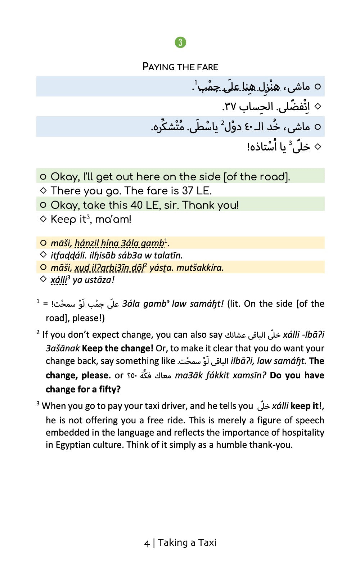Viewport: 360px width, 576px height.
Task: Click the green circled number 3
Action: point(180,42)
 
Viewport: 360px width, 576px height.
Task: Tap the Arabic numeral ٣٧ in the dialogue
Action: point(229,107)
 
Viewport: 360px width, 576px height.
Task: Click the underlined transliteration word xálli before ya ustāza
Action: point(58,280)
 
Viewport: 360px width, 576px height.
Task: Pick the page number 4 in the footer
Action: point(147,543)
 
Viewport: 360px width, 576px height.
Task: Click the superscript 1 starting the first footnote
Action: point(38,301)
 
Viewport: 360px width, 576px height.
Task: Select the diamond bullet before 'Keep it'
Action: point(43,219)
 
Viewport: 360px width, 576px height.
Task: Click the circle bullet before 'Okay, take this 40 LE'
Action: point(43,205)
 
